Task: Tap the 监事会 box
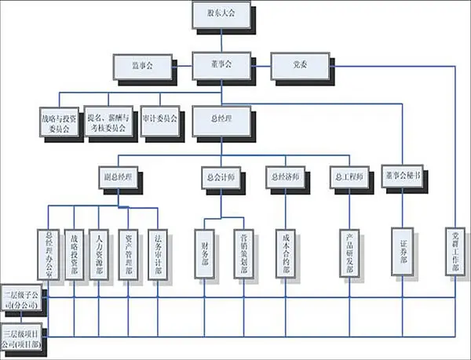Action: (143, 67)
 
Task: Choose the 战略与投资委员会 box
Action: (60, 122)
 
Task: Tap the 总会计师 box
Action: (214, 177)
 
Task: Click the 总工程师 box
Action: (346, 177)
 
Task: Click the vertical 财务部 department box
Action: (205, 252)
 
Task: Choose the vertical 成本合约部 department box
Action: (283, 252)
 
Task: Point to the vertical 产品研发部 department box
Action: (349, 252)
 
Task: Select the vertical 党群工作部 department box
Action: (455, 252)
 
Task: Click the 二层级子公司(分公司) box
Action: (25, 299)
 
